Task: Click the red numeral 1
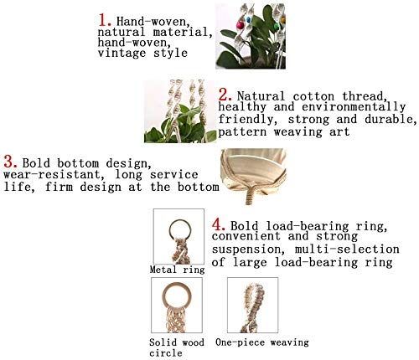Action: [104, 20]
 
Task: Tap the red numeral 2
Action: [225, 95]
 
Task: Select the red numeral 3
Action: [11, 162]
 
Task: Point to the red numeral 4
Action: [219, 224]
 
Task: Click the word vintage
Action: [122, 53]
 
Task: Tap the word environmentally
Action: [354, 107]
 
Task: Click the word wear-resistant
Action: [52, 175]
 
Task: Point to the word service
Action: [173, 175]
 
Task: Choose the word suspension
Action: [248, 249]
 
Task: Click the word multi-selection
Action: [347, 249]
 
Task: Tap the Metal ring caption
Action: [177, 270]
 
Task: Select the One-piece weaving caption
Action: [262, 342]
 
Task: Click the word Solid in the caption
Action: [160, 342]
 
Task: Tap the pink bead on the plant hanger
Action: [240, 26]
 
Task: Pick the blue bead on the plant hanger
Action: [248, 20]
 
